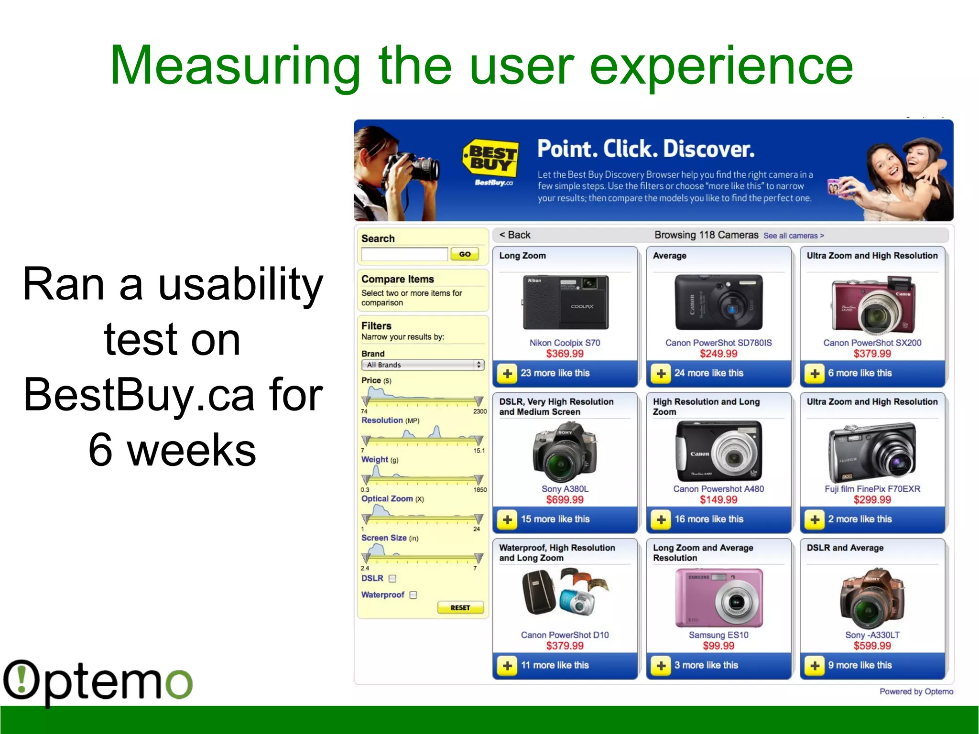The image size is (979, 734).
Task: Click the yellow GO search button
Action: click(465, 254)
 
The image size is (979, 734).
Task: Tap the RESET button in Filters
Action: click(460, 608)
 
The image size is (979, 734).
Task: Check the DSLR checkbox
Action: click(392, 579)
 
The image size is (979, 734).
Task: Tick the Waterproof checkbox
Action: click(413, 595)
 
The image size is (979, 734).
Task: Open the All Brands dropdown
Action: click(423, 365)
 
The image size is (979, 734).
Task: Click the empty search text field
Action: click(404, 254)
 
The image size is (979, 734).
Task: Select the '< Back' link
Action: click(515, 235)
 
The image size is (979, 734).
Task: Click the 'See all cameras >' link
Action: click(794, 236)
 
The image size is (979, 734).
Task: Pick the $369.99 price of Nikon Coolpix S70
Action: click(565, 354)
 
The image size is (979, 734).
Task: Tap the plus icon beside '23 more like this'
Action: click(508, 374)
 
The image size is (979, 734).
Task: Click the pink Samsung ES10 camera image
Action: click(718, 598)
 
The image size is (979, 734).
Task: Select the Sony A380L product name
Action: click(565, 489)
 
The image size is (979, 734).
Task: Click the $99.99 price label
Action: click(718, 646)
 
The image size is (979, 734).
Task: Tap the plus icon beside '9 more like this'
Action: click(815, 666)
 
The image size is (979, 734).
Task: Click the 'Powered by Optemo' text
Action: click(916, 691)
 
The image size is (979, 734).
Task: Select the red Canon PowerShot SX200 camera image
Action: click(872, 304)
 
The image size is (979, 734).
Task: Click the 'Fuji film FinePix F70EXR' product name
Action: click(872, 489)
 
